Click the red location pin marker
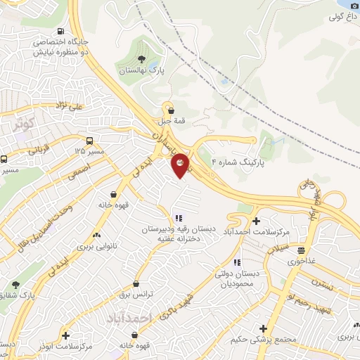181,165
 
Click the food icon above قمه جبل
169,109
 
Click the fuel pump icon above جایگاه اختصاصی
61,32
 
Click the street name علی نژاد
70,105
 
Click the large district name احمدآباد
129,319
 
